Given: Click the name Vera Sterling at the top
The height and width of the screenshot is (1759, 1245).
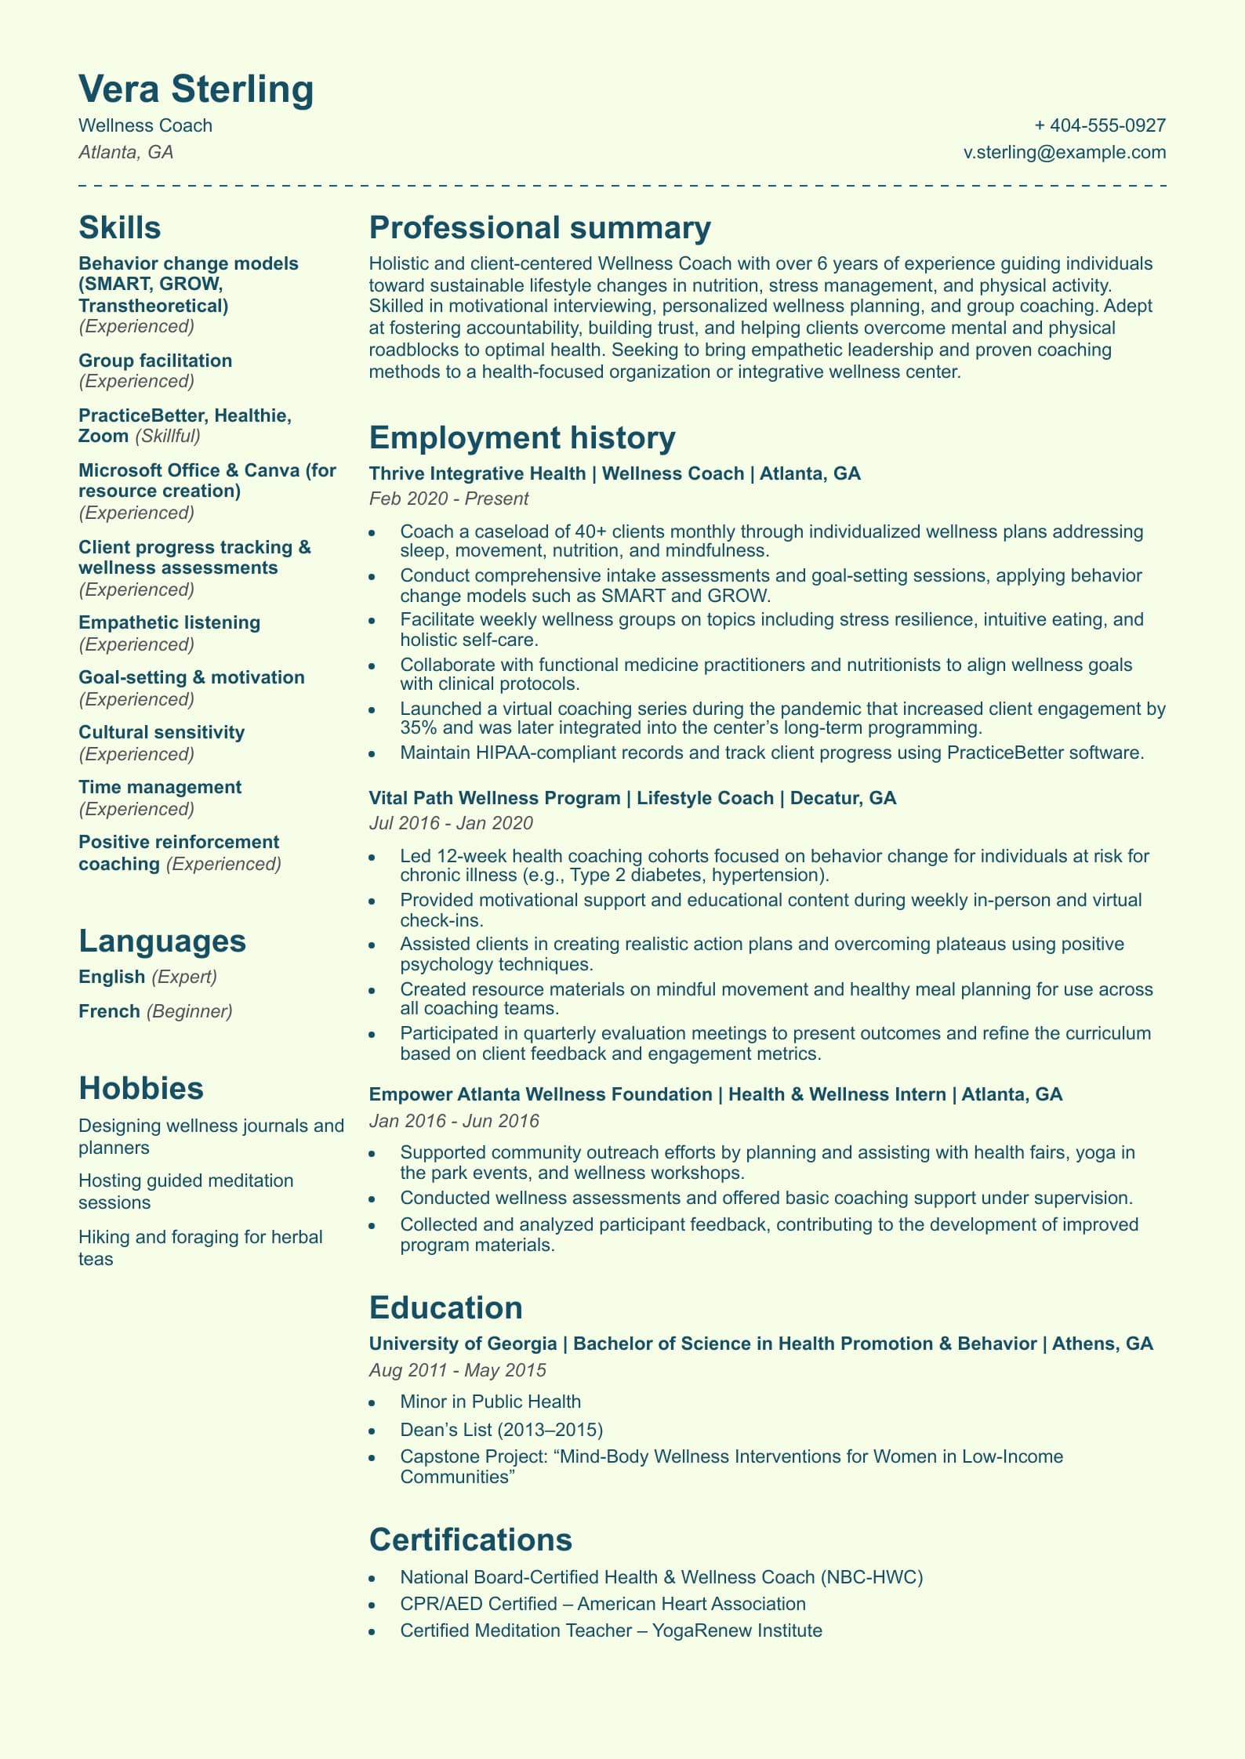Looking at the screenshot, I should [x=196, y=89].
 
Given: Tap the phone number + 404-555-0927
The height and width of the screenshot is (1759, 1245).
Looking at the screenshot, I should [x=1099, y=125].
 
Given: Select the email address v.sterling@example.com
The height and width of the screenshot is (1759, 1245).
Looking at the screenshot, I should [x=1064, y=152].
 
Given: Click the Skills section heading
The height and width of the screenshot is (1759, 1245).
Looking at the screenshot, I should [x=119, y=227].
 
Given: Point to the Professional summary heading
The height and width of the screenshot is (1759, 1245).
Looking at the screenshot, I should [x=539, y=227].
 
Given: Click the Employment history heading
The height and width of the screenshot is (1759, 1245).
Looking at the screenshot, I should [x=521, y=437].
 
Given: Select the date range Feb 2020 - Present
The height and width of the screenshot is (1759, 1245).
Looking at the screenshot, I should [x=448, y=499].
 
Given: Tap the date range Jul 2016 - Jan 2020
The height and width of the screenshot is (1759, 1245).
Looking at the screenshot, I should [x=451, y=823].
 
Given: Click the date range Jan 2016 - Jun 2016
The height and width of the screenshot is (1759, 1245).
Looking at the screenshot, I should [x=454, y=1121].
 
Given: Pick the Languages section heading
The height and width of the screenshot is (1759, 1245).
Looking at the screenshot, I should [x=162, y=941].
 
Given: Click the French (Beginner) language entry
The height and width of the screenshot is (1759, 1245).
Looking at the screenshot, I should [x=155, y=1011].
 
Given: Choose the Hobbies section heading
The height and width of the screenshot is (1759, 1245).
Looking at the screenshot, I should [x=140, y=1088].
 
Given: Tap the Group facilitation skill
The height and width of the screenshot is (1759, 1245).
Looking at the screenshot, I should [x=155, y=361].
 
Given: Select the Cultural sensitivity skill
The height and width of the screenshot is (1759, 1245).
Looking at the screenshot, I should [x=162, y=732].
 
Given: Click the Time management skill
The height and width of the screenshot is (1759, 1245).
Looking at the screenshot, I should [x=160, y=787].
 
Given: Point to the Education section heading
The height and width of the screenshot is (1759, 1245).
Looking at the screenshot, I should [x=445, y=1307].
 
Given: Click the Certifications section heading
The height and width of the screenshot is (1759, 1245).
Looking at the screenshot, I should [x=470, y=1540].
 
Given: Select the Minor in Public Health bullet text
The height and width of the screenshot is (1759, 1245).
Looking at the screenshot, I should [x=490, y=1402].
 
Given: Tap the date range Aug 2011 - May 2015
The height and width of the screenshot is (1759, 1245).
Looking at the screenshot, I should [x=457, y=1370].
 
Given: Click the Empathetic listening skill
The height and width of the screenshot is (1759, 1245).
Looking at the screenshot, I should [x=169, y=622].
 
